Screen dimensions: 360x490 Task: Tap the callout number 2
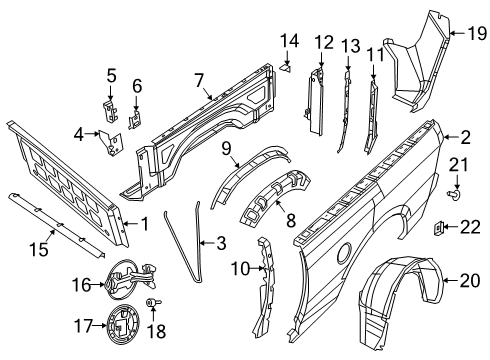coord(466,138)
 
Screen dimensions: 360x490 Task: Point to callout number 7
coord(199,79)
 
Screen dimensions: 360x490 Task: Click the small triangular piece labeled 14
coord(287,67)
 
